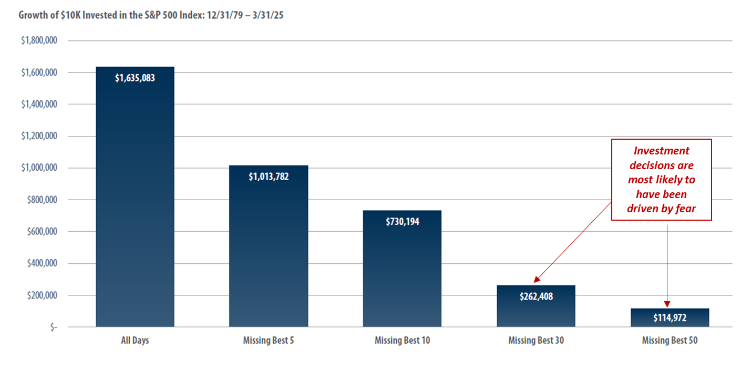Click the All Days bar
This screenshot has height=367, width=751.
[x=135, y=204]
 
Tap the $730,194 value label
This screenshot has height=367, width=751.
[x=402, y=222]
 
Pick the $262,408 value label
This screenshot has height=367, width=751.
[x=536, y=296]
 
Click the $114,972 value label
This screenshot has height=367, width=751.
[x=670, y=318]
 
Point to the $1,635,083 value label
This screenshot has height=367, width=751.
[x=135, y=78]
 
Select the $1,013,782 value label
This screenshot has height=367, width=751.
[x=268, y=176]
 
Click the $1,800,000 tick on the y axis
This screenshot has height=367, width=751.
[x=39, y=40]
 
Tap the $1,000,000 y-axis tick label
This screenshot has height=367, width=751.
[x=39, y=168]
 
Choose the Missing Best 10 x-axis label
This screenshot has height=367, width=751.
[x=402, y=340]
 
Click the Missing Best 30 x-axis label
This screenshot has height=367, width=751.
[x=536, y=340]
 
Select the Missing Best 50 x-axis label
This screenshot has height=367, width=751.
[x=670, y=340]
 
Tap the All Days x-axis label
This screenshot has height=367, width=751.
[x=135, y=340]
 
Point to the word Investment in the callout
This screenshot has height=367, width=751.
[x=662, y=151]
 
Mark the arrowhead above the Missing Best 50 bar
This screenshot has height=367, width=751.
[x=667, y=304]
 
